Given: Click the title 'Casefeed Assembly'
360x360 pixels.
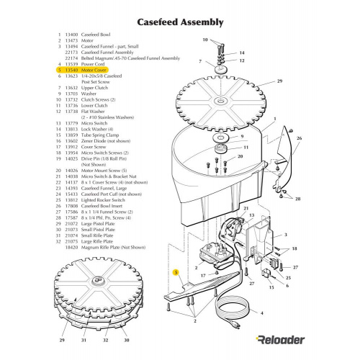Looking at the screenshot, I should tap(179, 22).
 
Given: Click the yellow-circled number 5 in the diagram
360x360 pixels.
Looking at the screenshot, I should tap(176, 273).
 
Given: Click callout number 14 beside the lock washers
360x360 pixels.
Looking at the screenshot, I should tap(241, 53).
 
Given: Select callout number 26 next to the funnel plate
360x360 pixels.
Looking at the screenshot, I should tap(300, 138).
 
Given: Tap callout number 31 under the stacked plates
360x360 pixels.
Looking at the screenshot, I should tap(84, 338).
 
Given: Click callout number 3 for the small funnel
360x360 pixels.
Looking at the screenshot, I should tap(286, 235).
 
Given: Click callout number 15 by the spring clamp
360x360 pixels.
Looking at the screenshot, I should tap(271, 287).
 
